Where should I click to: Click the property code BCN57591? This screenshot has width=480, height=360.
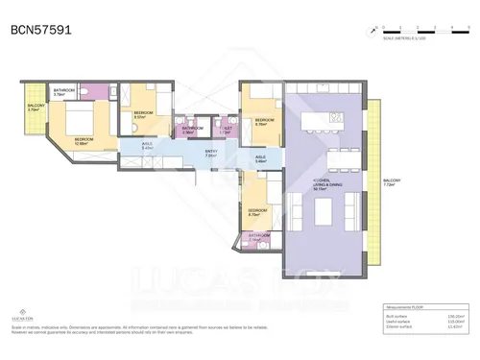coord(39,30)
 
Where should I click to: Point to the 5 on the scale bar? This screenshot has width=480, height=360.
coord(465,26)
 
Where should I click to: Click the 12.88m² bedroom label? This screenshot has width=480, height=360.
coord(84,141)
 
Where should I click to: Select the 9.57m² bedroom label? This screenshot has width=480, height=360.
coord(142,113)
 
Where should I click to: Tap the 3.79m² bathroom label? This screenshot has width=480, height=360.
coord(64,94)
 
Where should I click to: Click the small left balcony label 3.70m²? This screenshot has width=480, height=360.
coord(34,108)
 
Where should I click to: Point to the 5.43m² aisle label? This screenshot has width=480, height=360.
coord(148,148)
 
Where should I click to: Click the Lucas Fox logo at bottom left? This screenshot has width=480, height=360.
coord(20,313)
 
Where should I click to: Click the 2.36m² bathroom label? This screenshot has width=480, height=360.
coord(192,130)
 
